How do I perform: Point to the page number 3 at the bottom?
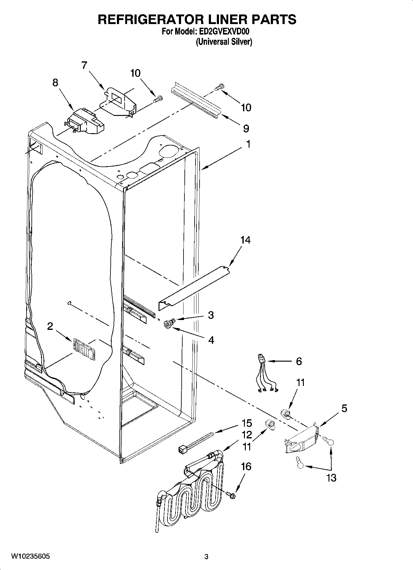(206, 557)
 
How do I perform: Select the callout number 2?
(50, 326)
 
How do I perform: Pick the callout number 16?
(246, 467)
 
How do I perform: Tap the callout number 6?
(299, 361)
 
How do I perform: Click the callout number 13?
(332, 478)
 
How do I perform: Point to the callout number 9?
(246, 128)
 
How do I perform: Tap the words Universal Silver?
(224, 42)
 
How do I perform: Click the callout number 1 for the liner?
(248, 144)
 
